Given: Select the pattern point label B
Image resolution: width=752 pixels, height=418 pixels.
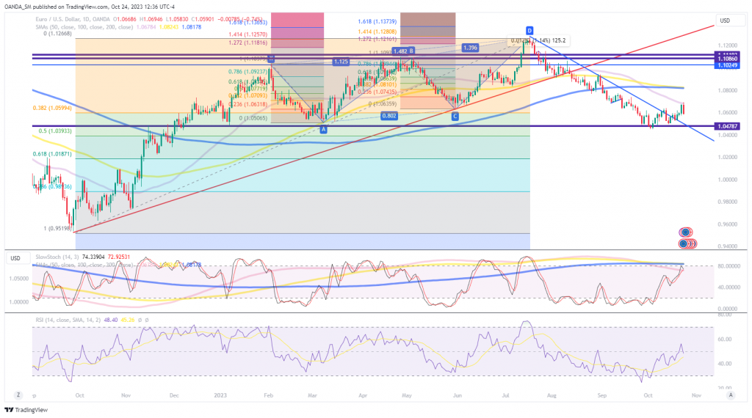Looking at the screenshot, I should click(x=412, y=51).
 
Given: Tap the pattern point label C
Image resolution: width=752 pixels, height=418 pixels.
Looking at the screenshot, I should click(x=455, y=116).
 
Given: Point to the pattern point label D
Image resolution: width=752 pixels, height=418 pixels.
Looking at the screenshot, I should click(x=529, y=31).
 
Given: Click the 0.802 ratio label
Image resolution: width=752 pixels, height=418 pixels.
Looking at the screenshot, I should click(x=390, y=116).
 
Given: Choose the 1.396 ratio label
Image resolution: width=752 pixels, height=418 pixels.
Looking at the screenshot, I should click(x=471, y=48).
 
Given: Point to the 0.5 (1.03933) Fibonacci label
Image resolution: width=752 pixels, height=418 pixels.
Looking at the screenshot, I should click(x=51, y=131).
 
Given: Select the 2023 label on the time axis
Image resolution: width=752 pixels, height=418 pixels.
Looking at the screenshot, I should click(x=220, y=395).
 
